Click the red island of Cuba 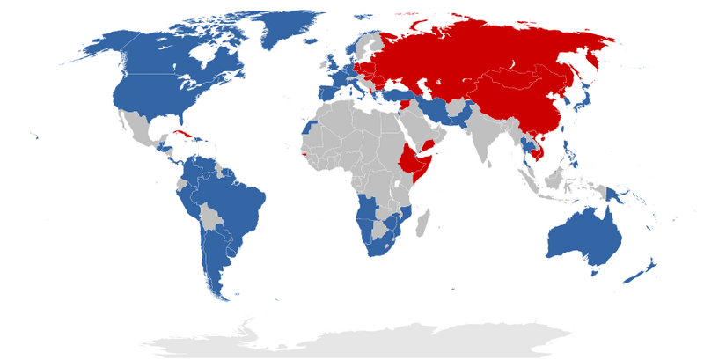pyautogui.click(x=184, y=134)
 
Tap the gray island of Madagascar pyautogui.click(x=423, y=219)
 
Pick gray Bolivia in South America pyautogui.click(x=209, y=215)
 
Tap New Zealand pyautogui.click(x=642, y=269)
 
